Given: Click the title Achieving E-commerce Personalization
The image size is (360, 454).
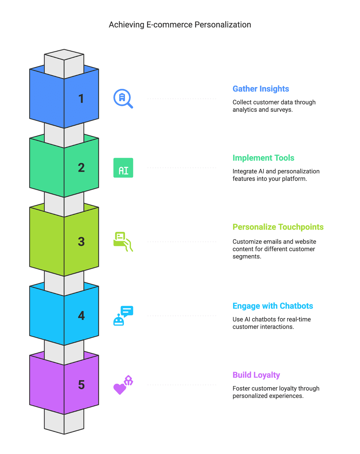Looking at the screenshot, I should click(180, 25).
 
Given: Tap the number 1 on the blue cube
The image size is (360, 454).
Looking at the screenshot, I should click(81, 99).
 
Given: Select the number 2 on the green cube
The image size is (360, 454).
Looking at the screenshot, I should click(81, 168).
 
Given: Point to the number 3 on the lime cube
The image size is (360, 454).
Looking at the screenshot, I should click(81, 242).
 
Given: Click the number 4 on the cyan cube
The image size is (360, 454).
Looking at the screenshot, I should click(81, 316).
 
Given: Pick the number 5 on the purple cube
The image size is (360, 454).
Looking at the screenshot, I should click(81, 385).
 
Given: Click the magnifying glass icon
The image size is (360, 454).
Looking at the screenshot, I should click(123, 98).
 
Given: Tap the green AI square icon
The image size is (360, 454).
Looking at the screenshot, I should click(123, 168).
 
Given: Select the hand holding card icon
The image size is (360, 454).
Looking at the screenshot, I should click(123, 242).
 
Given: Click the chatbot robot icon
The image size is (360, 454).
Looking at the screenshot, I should click(119, 320).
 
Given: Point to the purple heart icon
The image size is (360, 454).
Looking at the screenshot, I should click(120, 389).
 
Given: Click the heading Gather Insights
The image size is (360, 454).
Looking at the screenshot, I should click(261, 89).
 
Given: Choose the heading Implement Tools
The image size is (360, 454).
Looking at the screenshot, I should click(263, 158).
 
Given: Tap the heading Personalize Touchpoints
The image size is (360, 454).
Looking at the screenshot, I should click(278, 227).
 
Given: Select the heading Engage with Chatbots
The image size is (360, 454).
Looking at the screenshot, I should click(273, 306).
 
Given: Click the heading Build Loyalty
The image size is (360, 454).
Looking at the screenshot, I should click(256, 375).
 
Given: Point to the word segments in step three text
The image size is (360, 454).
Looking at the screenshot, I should click(246, 257).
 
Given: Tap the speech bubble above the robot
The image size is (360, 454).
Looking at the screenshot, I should click(127, 311).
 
